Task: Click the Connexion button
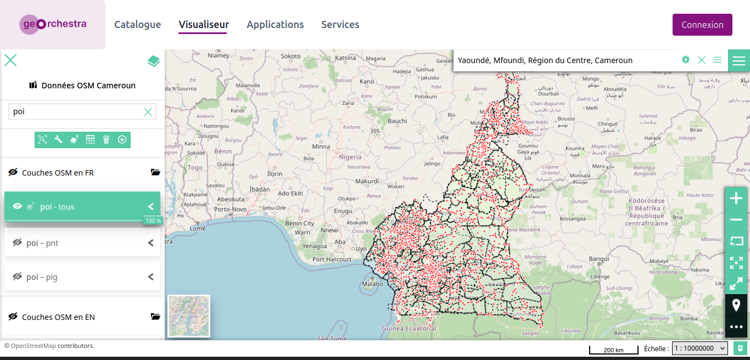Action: point(702,25)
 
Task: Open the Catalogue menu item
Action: point(137,25)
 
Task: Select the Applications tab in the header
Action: point(275,25)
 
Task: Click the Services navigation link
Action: point(340,25)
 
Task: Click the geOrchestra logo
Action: point(53,24)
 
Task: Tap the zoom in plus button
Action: point(736,198)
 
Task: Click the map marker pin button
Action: point(736,305)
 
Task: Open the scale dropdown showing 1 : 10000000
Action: point(699,348)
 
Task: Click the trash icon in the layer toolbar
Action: point(106,140)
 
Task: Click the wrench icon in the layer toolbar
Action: point(58,140)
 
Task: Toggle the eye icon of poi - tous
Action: point(18,207)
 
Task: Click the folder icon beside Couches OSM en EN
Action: point(155,317)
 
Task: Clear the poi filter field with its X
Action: point(148,112)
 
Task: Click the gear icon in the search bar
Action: point(685,60)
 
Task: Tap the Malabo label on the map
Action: point(372,284)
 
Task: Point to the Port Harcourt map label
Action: point(331,259)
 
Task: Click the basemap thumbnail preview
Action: point(189,316)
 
